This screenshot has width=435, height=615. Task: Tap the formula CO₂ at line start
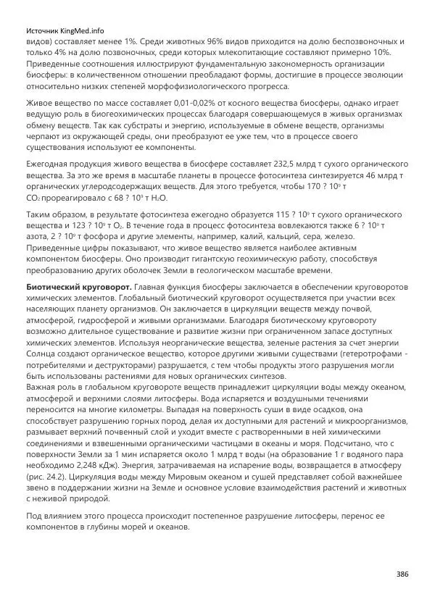pos(33,198)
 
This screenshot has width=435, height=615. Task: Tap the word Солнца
pos(43,353)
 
